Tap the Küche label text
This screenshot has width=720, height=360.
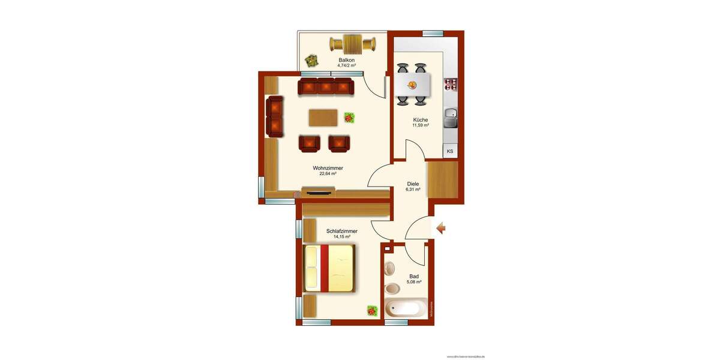click(420, 119)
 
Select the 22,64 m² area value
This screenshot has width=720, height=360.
click(327, 174)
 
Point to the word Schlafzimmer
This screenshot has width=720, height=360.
click(342, 231)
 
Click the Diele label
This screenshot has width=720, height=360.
click(413, 184)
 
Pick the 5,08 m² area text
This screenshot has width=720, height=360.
click(414, 282)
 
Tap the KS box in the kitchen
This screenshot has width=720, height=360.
click(449, 151)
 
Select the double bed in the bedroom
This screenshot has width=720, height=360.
click(329, 268)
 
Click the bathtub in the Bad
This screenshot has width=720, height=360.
click(405, 308)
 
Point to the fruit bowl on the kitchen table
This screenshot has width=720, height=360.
click(412, 85)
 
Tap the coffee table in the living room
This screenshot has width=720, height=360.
click(323, 117)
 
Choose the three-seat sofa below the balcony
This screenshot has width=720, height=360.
click(326, 86)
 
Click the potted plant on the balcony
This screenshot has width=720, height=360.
click(311, 60)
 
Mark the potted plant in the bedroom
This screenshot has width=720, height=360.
click(372, 310)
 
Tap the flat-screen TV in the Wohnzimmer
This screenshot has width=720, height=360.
click(317, 193)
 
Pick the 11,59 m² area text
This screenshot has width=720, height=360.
click(420, 125)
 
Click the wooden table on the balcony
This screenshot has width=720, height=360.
click(352, 43)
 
